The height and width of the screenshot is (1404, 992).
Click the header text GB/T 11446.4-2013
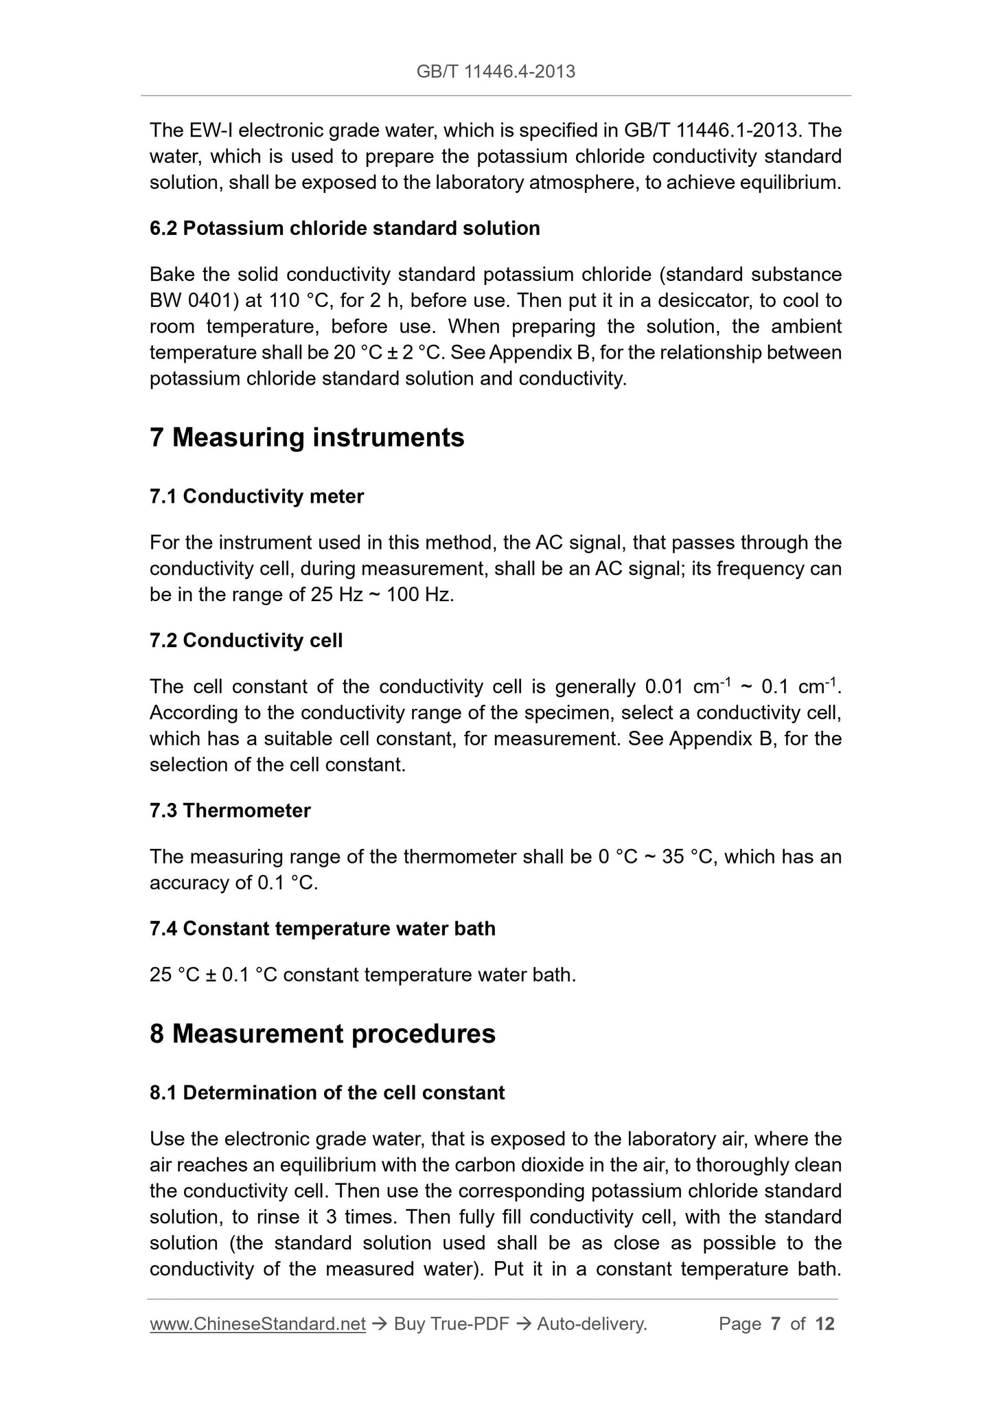[496, 71]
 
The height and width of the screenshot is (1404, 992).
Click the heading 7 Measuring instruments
[307, 438]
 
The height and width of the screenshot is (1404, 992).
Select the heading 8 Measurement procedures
[322, 1034]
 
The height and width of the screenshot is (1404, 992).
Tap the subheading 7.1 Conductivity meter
[256, 496]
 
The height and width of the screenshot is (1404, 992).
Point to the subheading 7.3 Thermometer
[230, 811]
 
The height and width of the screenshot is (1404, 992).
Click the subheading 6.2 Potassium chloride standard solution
[345, 228]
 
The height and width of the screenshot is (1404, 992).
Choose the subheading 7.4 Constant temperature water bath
[322, 929]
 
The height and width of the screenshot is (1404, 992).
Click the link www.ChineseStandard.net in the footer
[257, 1324]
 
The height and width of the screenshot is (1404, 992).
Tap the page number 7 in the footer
[776, 1324]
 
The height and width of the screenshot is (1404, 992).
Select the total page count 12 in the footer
[825, 1324]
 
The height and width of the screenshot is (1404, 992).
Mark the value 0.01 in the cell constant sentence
[664, 687]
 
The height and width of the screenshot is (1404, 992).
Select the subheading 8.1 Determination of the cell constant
[327, 1093]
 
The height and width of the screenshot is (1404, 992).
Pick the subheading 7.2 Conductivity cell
[246, 641]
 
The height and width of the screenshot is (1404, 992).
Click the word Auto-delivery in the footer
[591, 1324]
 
